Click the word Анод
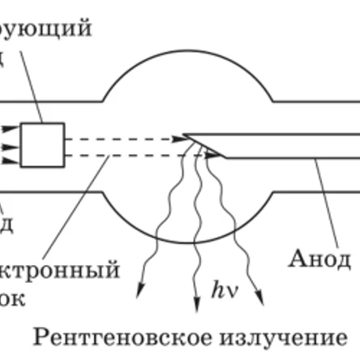click(x=319, y=259)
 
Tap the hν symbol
click(x=221, y=288)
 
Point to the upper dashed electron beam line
click(x=122, y=139)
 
